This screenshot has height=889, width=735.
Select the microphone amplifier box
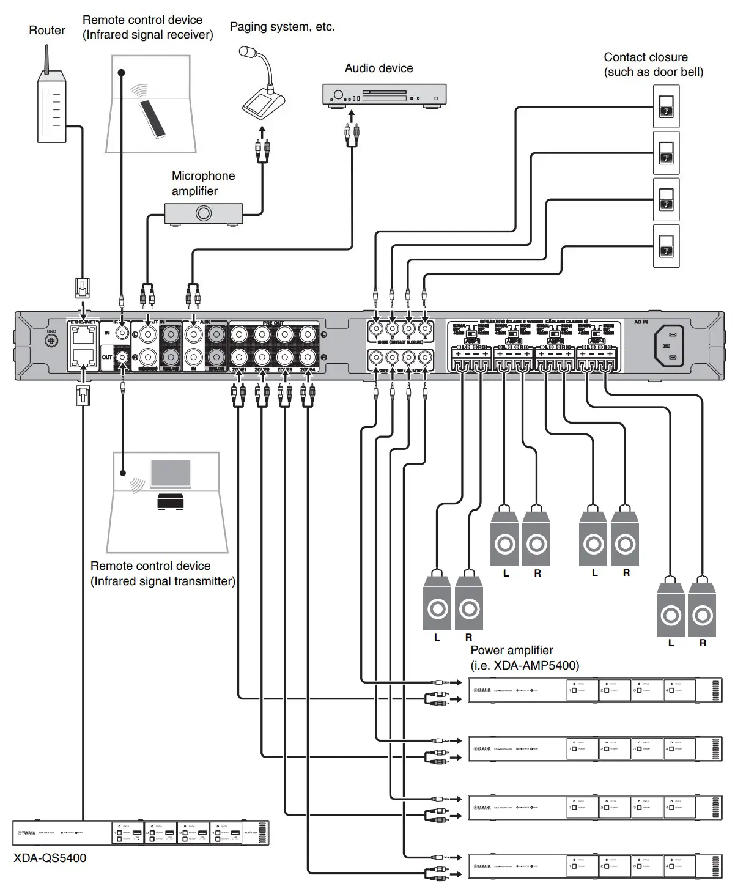click(204, 213)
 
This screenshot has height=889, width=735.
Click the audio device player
click(384, 95)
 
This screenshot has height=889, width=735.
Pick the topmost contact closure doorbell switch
click(666, 106)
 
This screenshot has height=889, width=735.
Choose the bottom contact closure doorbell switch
click(666, 246)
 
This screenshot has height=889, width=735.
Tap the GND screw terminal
click(51, 341)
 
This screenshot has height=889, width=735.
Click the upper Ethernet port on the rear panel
click(82, 334)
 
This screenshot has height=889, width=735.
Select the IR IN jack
click(123, 333)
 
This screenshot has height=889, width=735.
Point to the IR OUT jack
click(123, 357)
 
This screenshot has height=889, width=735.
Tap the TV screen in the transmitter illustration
click(171, 474)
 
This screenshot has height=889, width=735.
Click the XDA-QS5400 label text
click(50, 858)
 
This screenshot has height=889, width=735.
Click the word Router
click(47, 30)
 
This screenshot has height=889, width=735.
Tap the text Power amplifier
click(512, 651)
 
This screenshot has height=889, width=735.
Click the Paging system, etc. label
click(282, 27)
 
